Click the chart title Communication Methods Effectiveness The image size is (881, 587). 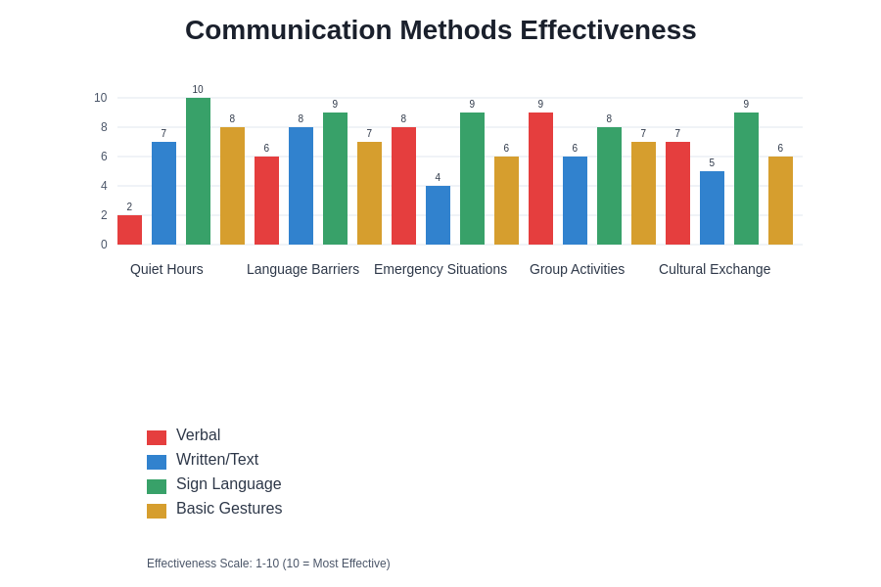pos(440,30)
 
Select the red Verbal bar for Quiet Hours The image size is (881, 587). pos(129,230)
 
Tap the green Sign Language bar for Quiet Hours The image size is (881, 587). pos(198,171)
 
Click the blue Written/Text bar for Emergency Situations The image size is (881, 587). pos(438,215)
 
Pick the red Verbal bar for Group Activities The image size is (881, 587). pos(540,178)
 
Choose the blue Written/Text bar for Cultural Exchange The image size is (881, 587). pos(712,207)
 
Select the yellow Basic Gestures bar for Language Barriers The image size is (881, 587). pos(369,193)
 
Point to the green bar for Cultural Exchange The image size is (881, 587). pos(746,178)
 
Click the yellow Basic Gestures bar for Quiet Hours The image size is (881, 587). pos(232,186)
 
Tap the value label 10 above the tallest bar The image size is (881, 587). pos(198,90)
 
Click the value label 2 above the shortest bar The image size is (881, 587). pos(129,207)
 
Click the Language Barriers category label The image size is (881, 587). pos(302,269)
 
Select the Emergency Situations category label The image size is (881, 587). pos(440,269)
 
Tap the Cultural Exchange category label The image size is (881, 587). pos(715,269)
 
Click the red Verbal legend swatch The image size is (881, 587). pos(157,437)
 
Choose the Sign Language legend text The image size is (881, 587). pos(228,484)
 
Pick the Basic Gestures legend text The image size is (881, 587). pos(229,509)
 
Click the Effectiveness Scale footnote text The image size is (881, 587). pos(268,564)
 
